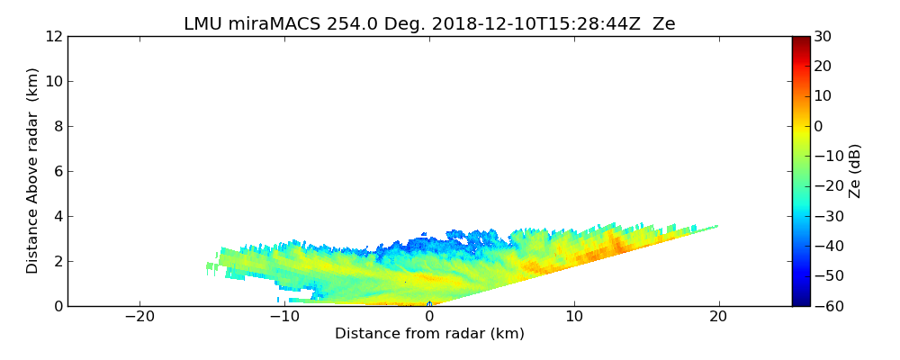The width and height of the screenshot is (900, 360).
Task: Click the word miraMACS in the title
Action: [267, 24]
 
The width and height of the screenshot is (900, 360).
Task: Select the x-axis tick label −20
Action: [139, 317]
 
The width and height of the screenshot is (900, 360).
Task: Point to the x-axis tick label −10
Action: [284, 317]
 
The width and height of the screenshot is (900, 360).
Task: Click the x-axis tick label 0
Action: [429, 317]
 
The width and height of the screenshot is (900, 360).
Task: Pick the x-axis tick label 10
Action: [574, 317]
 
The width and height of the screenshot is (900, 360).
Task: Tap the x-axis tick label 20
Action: [719, 317]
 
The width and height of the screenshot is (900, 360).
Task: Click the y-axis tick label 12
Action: [53, 37]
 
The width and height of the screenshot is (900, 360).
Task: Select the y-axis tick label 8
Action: [57, 127]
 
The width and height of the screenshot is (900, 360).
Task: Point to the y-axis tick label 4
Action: [57, 217]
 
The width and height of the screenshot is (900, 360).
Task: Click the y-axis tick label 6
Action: [57, 172]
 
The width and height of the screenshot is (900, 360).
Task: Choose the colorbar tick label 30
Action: [823, 37]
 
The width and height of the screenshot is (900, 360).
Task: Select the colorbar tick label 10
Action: [823, 96]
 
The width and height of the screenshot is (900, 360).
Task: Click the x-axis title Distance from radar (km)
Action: [429, 334]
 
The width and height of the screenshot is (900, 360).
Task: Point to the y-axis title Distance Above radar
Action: [33, 171]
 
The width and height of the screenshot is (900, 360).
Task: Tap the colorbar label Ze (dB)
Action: [855, 171]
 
